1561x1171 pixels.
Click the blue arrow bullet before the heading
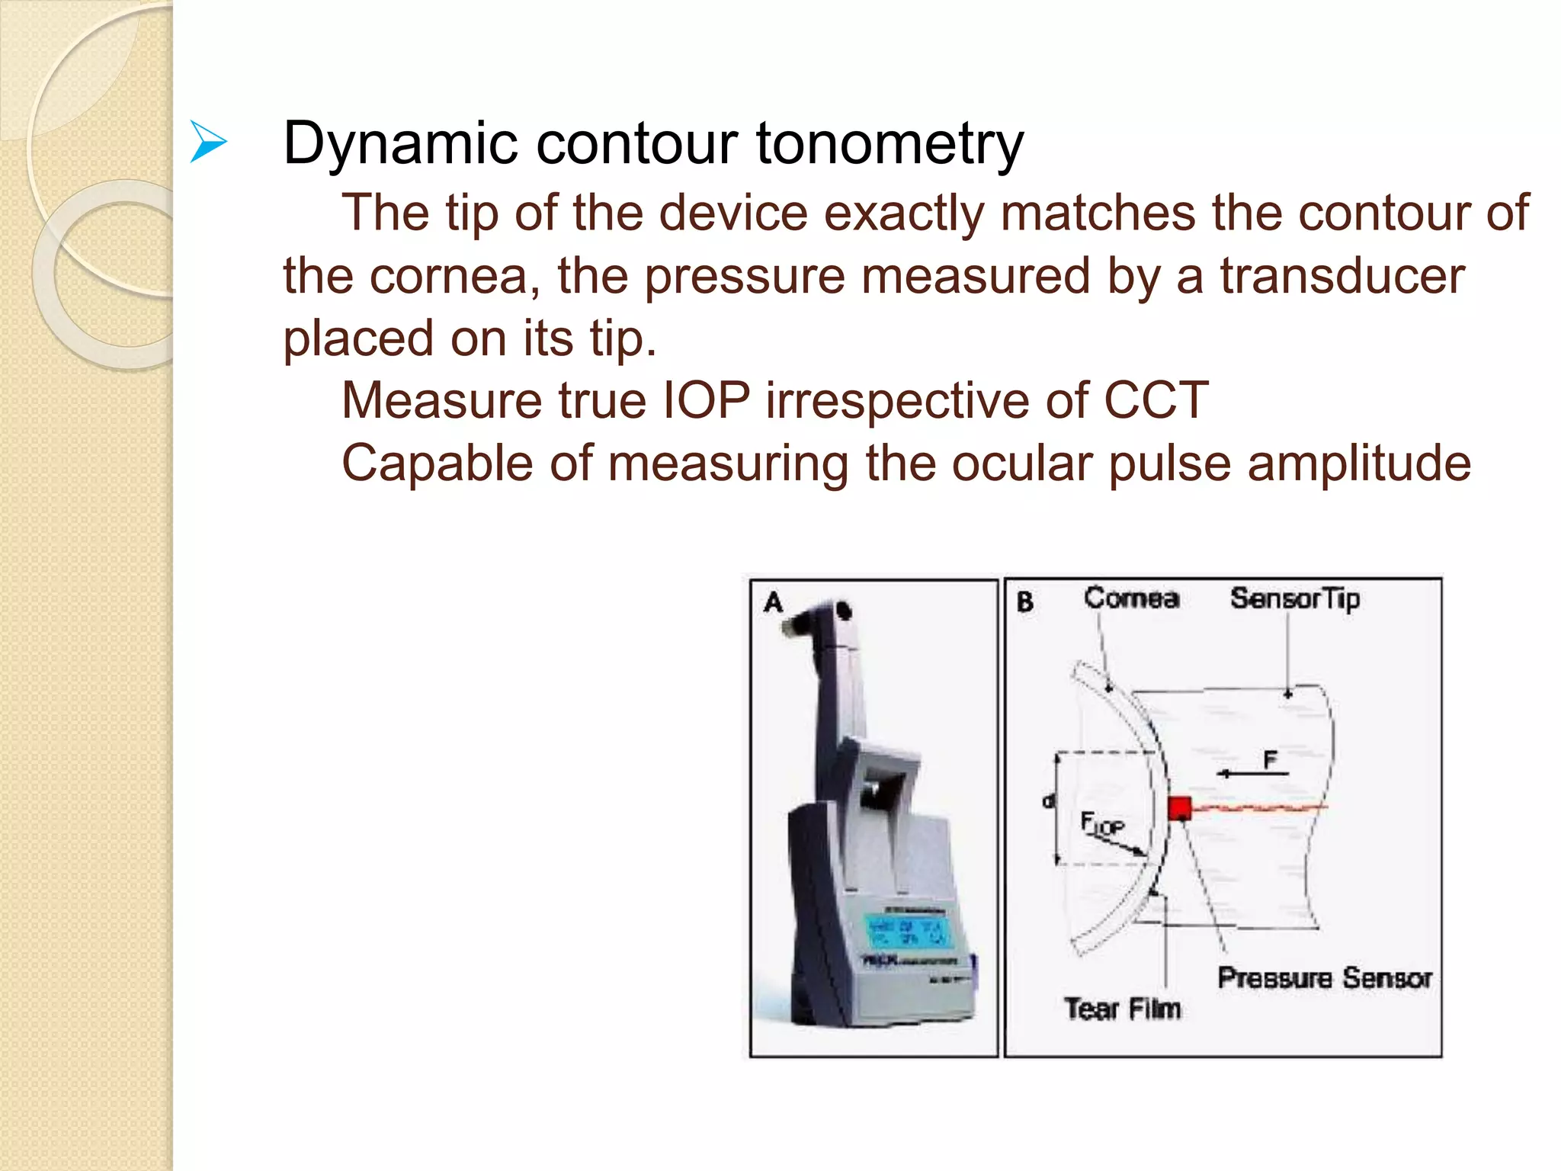[x=208, y=143]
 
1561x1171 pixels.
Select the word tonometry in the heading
[x=889, y=144]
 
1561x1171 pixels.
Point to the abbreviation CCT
[x=1156, y=401]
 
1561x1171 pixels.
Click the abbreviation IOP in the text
[x=706, y=401]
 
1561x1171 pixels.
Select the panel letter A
[x=773, y=603]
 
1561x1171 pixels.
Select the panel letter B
[x=1025, y=603]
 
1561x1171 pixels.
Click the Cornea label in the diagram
[x=1131, y=598]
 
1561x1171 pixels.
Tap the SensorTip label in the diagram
[x=1294, y=599]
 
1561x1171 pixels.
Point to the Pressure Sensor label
[x=1324, y=978]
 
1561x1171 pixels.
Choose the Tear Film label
[x=1122, y=1009]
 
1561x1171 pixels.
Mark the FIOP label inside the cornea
[x=1102, y=824]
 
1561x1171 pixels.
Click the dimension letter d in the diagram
[x=1048, y=801]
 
